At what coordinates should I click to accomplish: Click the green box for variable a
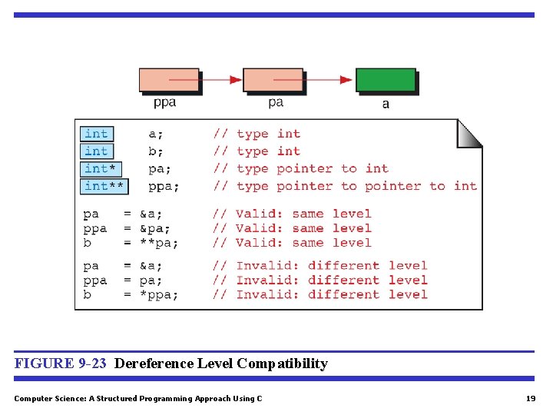[x=386, y=80]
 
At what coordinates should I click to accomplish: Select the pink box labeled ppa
[x=168, y=80]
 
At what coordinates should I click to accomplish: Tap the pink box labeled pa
[x=273, y=80]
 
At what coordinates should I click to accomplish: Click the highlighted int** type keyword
[x=104, y=186]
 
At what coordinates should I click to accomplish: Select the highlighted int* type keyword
[x=100, y=168]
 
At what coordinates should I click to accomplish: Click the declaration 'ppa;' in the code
[x=164, y=186]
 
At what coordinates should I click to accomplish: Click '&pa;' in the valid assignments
[x=154, y=228]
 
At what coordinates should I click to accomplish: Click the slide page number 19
[x=530, y=398]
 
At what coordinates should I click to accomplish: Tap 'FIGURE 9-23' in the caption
[x=61, y=364]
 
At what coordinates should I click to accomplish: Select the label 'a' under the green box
[x=386, y=104]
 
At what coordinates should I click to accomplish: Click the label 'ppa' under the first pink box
[x=164, y=102]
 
